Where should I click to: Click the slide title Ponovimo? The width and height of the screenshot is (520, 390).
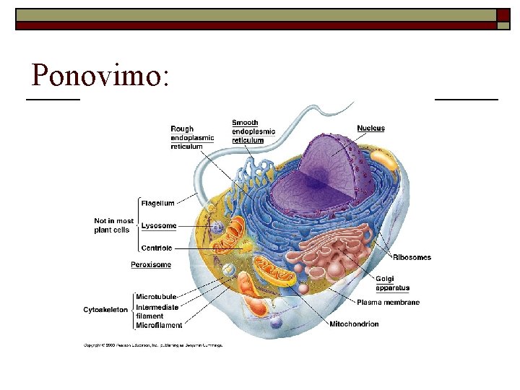pos(101,75)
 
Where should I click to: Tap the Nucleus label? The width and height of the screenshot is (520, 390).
pos(370,129)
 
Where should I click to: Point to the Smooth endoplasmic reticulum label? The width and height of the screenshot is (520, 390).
pos(253,131)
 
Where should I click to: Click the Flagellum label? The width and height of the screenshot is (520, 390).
pos(157,204)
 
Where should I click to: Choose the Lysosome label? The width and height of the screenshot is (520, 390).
pos(158,226)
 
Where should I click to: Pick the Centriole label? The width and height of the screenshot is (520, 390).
pos(157,248)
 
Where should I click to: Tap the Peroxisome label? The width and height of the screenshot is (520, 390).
pos(151,265)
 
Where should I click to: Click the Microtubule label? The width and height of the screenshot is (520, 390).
pos(156,297)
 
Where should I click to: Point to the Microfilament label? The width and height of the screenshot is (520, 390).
pos(159,326)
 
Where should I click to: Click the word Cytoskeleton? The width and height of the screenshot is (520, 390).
pos(105,311)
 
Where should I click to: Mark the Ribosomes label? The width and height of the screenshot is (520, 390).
pos(412,258)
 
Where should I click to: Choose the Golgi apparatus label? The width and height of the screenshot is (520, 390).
pos(392,284)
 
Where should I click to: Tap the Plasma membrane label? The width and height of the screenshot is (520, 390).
pos(388,303)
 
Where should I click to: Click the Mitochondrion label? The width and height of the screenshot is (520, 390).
pos(354,324)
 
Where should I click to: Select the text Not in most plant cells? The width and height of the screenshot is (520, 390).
pos(113,225)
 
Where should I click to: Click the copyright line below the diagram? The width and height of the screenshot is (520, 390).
pos(153,345)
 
